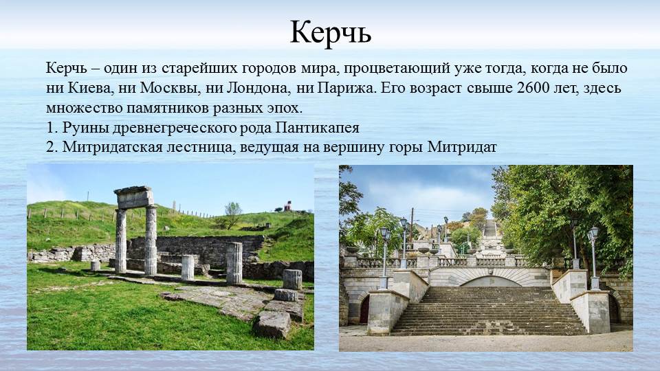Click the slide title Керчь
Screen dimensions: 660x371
[331, 32]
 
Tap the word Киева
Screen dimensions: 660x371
[89, 89]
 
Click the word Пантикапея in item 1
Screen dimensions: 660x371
[318, 128]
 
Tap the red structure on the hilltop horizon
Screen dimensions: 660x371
[288, 205]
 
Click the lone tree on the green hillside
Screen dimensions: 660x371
[232, 212]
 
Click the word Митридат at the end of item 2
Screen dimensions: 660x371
[462, 147]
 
